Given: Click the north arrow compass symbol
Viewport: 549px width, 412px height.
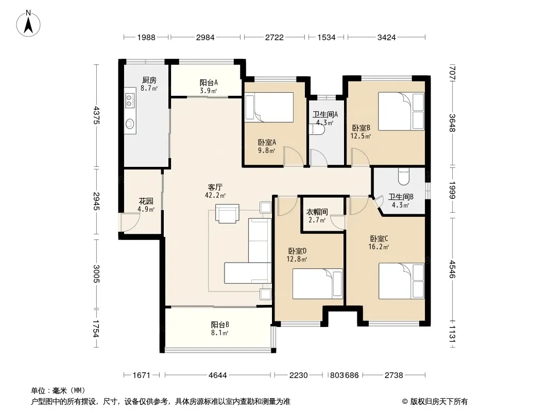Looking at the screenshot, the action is (x=28, y=23).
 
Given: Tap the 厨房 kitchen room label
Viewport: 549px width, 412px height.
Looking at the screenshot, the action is (x=149, y=80).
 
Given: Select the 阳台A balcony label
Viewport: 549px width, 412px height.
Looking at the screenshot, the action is (x=209, y=82).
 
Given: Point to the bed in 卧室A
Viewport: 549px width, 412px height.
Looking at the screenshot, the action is (x=269, y=107).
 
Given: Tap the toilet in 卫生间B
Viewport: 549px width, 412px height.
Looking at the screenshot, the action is (x=404, y=177).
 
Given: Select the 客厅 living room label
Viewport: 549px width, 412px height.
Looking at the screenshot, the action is (x=215, y=187).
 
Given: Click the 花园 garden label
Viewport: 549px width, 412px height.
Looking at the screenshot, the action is (x=146, y=201).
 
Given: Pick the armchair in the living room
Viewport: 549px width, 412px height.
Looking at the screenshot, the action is (x=227, y=213).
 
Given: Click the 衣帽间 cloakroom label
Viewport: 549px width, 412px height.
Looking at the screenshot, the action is (x=317, y=212).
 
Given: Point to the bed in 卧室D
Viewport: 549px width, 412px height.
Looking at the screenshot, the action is (x=317, y=284).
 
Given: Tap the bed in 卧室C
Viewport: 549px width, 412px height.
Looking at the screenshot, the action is (x=401, y=281).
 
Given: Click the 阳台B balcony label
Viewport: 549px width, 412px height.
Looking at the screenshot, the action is (x=220, y=325).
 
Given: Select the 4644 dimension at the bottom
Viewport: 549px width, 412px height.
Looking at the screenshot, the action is (x=217, y=375).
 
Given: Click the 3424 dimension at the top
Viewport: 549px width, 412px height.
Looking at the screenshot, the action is (x=386, y=37).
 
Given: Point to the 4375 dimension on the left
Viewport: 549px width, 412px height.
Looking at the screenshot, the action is (x=97, y=115).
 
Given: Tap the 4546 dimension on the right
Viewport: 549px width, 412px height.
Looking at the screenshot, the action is (x=452, y=269).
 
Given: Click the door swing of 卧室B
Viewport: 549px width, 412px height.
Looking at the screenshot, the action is (x=361, y=157).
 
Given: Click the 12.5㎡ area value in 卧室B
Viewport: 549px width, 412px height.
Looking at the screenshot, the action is (x=361, y=136).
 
